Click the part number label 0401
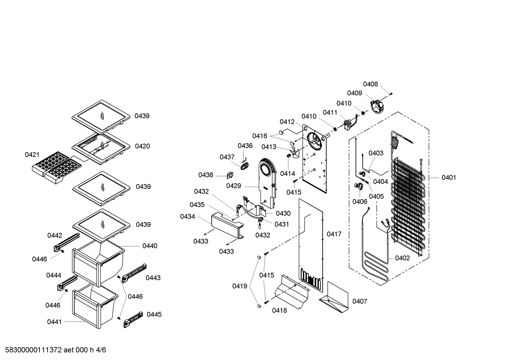[449, 177]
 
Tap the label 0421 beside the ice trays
[32, 155]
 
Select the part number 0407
[360, 301]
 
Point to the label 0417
[334, 234]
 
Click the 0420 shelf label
[142, 146]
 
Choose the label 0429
[234, 186]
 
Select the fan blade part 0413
[293, 153]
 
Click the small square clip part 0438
[229, 175]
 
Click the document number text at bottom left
[53, 350]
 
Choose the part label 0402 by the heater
[402, 258]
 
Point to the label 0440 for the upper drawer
[150, 246]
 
